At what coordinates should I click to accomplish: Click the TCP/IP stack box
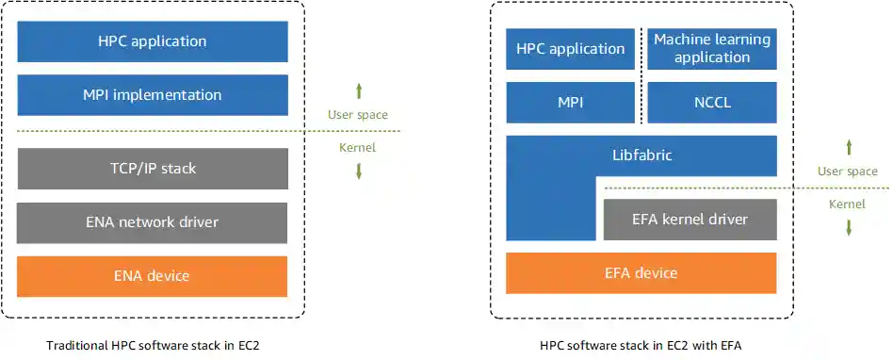153,169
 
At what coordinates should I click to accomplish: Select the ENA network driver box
153,222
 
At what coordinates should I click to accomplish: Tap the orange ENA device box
153,276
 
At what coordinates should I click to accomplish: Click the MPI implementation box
153,95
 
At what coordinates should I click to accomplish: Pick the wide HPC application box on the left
153,41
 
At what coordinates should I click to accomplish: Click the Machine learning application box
712,48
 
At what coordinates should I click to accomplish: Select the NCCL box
712,102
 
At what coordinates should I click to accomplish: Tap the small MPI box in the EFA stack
570,102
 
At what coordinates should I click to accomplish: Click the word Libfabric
641,155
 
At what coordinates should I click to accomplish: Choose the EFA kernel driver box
690,219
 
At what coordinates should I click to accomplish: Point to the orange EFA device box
641,273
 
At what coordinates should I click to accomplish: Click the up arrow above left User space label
358,91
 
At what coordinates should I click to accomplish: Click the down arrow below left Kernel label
358,171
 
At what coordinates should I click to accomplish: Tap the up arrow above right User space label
849,147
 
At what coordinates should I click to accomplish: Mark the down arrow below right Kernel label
849,227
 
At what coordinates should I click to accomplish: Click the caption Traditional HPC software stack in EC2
153,346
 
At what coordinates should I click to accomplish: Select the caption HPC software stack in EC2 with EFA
641,346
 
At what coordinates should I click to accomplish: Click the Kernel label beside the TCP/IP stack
357,148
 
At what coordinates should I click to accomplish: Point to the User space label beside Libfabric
848,172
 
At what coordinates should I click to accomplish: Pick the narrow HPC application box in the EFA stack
570,48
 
